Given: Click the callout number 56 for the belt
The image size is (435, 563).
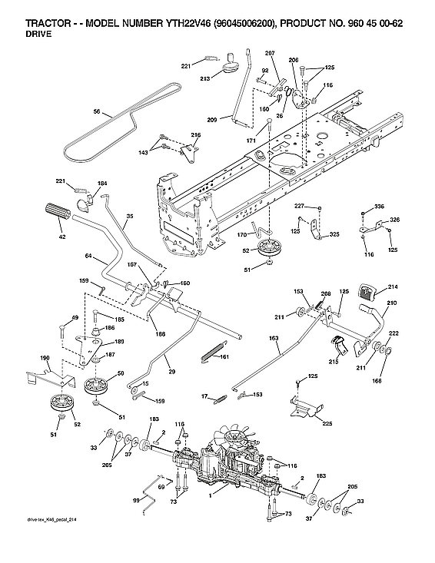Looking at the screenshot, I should click(x=97, y=112).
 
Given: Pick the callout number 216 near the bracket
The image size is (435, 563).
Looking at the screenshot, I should click(x=196, y=135).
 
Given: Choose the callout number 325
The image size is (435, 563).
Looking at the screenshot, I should click(x=334, y=233).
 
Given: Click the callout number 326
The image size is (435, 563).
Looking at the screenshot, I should click(x=395, y=220).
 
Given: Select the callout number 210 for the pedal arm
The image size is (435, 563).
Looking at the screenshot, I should click(x=391, y=304).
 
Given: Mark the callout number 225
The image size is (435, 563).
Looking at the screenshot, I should click(x=327, y=422).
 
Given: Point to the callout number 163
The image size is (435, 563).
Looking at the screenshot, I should click(x=273, y=337).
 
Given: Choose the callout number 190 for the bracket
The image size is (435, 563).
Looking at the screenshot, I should click(x=45, y=358).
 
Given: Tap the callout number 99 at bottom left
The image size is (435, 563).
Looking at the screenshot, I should click(x=136, y=499).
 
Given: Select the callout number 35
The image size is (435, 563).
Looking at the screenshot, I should click(x=129, y=217).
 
